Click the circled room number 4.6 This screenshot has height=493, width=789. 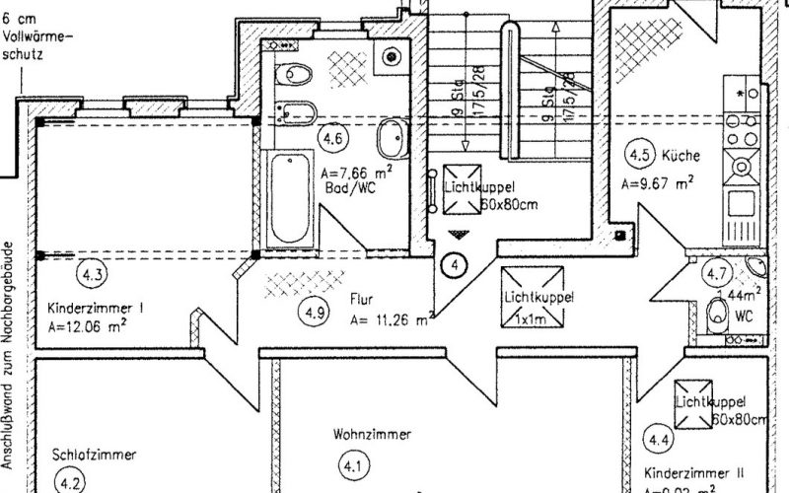pyautogui.click(x=332, y=140)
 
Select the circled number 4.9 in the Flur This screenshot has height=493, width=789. pyautogui.click(x=315, y=314)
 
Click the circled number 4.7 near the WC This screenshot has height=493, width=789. pyautogui.click(x=716, y=274)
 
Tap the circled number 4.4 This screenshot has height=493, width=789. pyautogui.click(x=658, y=436)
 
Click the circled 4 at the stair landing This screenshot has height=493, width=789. pyautogui.click(x=454, y=263)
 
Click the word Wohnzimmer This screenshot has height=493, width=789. pyautogui.click(x=372, y=434)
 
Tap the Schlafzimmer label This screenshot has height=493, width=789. pyautogui.click(x=93, y=455)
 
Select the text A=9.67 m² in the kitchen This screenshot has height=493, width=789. pyautogui.click(x=656, y=182)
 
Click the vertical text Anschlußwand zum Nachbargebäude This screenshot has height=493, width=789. pyautogui.click(x=8, y=355)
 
